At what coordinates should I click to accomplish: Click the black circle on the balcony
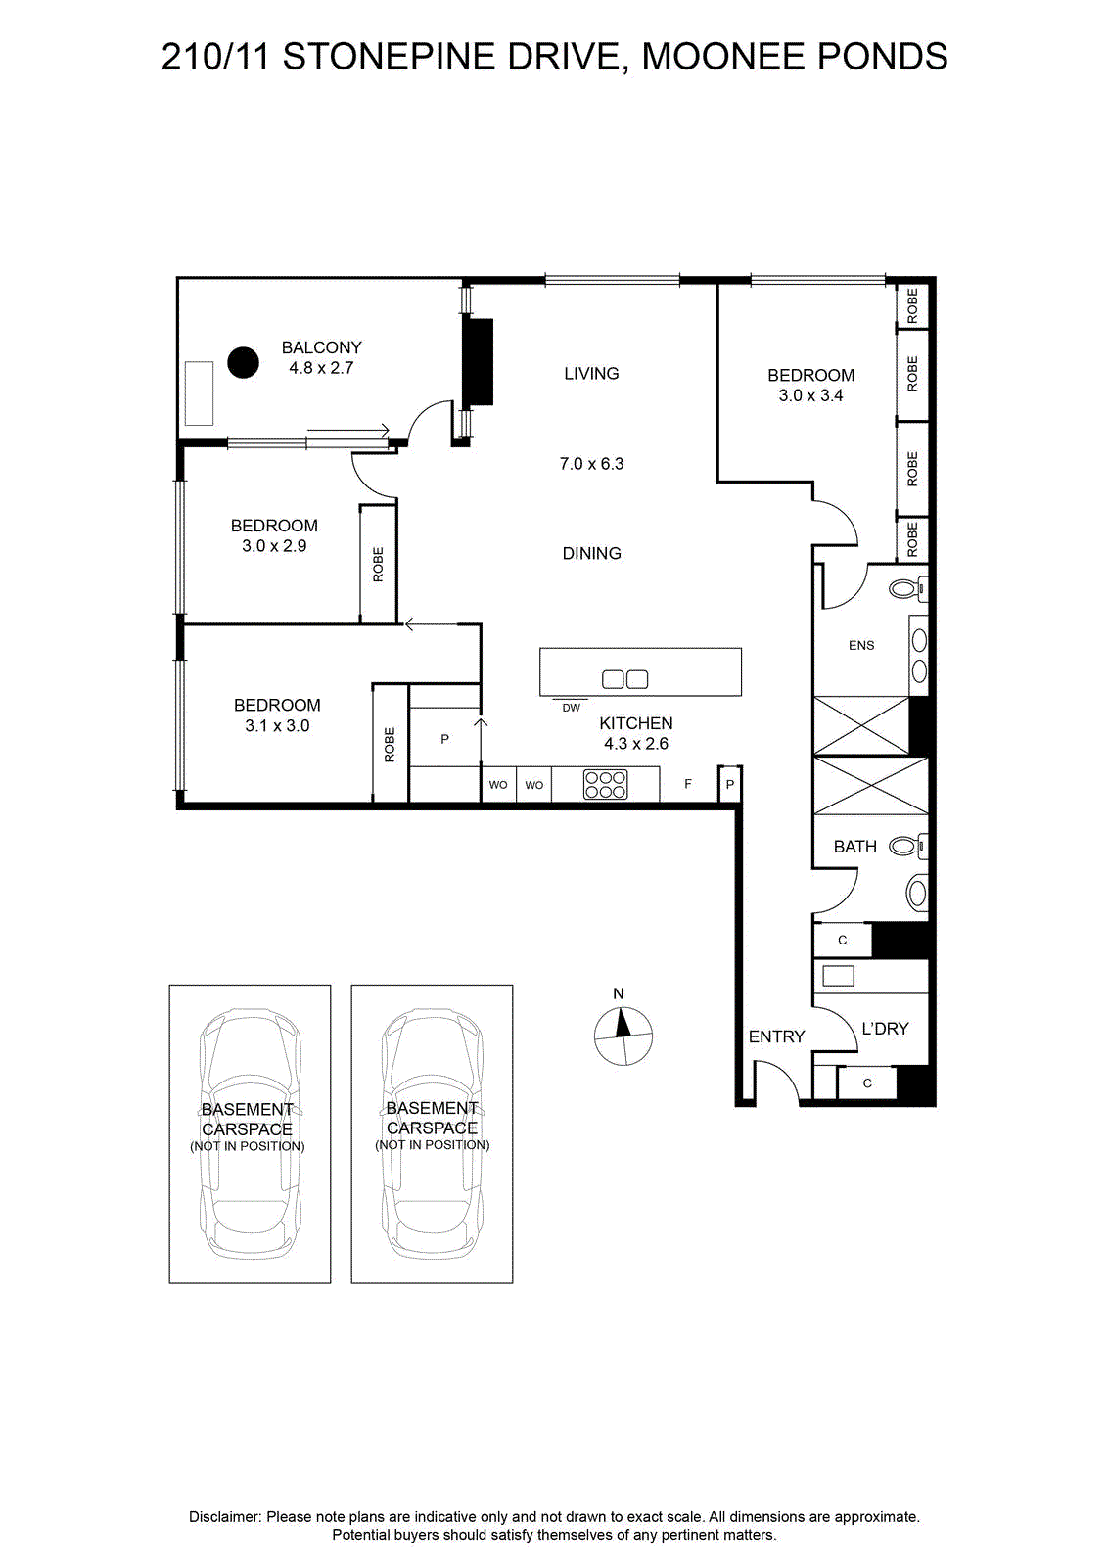(243, 363)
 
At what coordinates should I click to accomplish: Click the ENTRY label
(776, 1036)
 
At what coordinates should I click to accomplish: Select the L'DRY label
(885, 1029)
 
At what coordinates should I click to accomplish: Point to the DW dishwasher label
(571, 708)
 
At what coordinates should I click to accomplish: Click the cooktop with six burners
(606, 784)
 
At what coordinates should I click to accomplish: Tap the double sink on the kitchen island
(624, 679)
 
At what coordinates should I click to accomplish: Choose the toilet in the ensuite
(908, 588)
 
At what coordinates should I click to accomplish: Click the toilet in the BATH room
(908, 847)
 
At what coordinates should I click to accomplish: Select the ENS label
(861, 645)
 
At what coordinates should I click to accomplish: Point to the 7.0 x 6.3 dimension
(591, 464)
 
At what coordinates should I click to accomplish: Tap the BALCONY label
(322, 347)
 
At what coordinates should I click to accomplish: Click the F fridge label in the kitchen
(688, 784)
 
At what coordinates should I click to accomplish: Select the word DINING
(591, 554)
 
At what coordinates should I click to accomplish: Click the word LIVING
(591, 373)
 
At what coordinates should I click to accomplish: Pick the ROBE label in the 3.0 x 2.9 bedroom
(378, 564)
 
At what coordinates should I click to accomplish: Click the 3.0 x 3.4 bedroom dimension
(810, 395)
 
